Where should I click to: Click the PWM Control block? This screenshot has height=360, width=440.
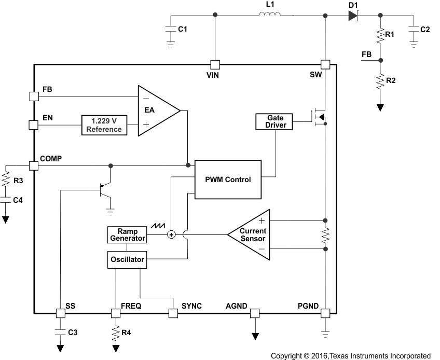click(x=228, y=179)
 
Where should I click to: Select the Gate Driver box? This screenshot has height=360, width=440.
click(x=274, y=122)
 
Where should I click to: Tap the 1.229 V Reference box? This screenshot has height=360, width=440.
click(x=104, y=125)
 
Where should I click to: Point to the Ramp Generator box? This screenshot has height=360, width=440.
click(x=127, y=235)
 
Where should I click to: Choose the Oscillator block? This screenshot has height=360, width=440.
click(x=127, y=259)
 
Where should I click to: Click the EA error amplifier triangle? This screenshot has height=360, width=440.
click(x=155, y=110)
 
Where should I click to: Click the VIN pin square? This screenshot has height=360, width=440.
click(x=214, y=64)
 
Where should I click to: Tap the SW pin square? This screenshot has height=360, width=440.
click(x=325, y=64)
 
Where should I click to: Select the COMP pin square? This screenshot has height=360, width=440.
click(x=33, y=165)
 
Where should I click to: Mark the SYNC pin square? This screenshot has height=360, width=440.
click(x=173, y=313)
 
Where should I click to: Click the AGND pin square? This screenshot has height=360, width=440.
click(x=255, y=313)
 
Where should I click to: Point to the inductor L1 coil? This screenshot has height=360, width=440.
click(x=270, y=15)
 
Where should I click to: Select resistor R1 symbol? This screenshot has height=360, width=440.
click(x=380, y=35)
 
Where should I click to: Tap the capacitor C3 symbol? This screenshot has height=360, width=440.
click(x=60, y=331)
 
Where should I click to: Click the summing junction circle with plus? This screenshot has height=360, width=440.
click(x=171, y=235)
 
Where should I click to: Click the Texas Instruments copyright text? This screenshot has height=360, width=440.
click(x=351, y=356)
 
